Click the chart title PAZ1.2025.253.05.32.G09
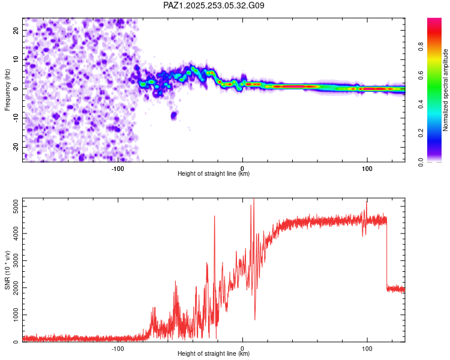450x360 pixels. point(214,5)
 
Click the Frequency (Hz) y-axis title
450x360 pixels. point(7,89)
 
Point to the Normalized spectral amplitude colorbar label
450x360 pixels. point(445,90)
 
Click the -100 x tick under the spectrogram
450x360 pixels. point(118,168)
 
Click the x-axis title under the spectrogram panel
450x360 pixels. point(214,174)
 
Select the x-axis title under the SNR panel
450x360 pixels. point(214,354)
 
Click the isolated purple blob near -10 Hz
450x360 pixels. point(174,115)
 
